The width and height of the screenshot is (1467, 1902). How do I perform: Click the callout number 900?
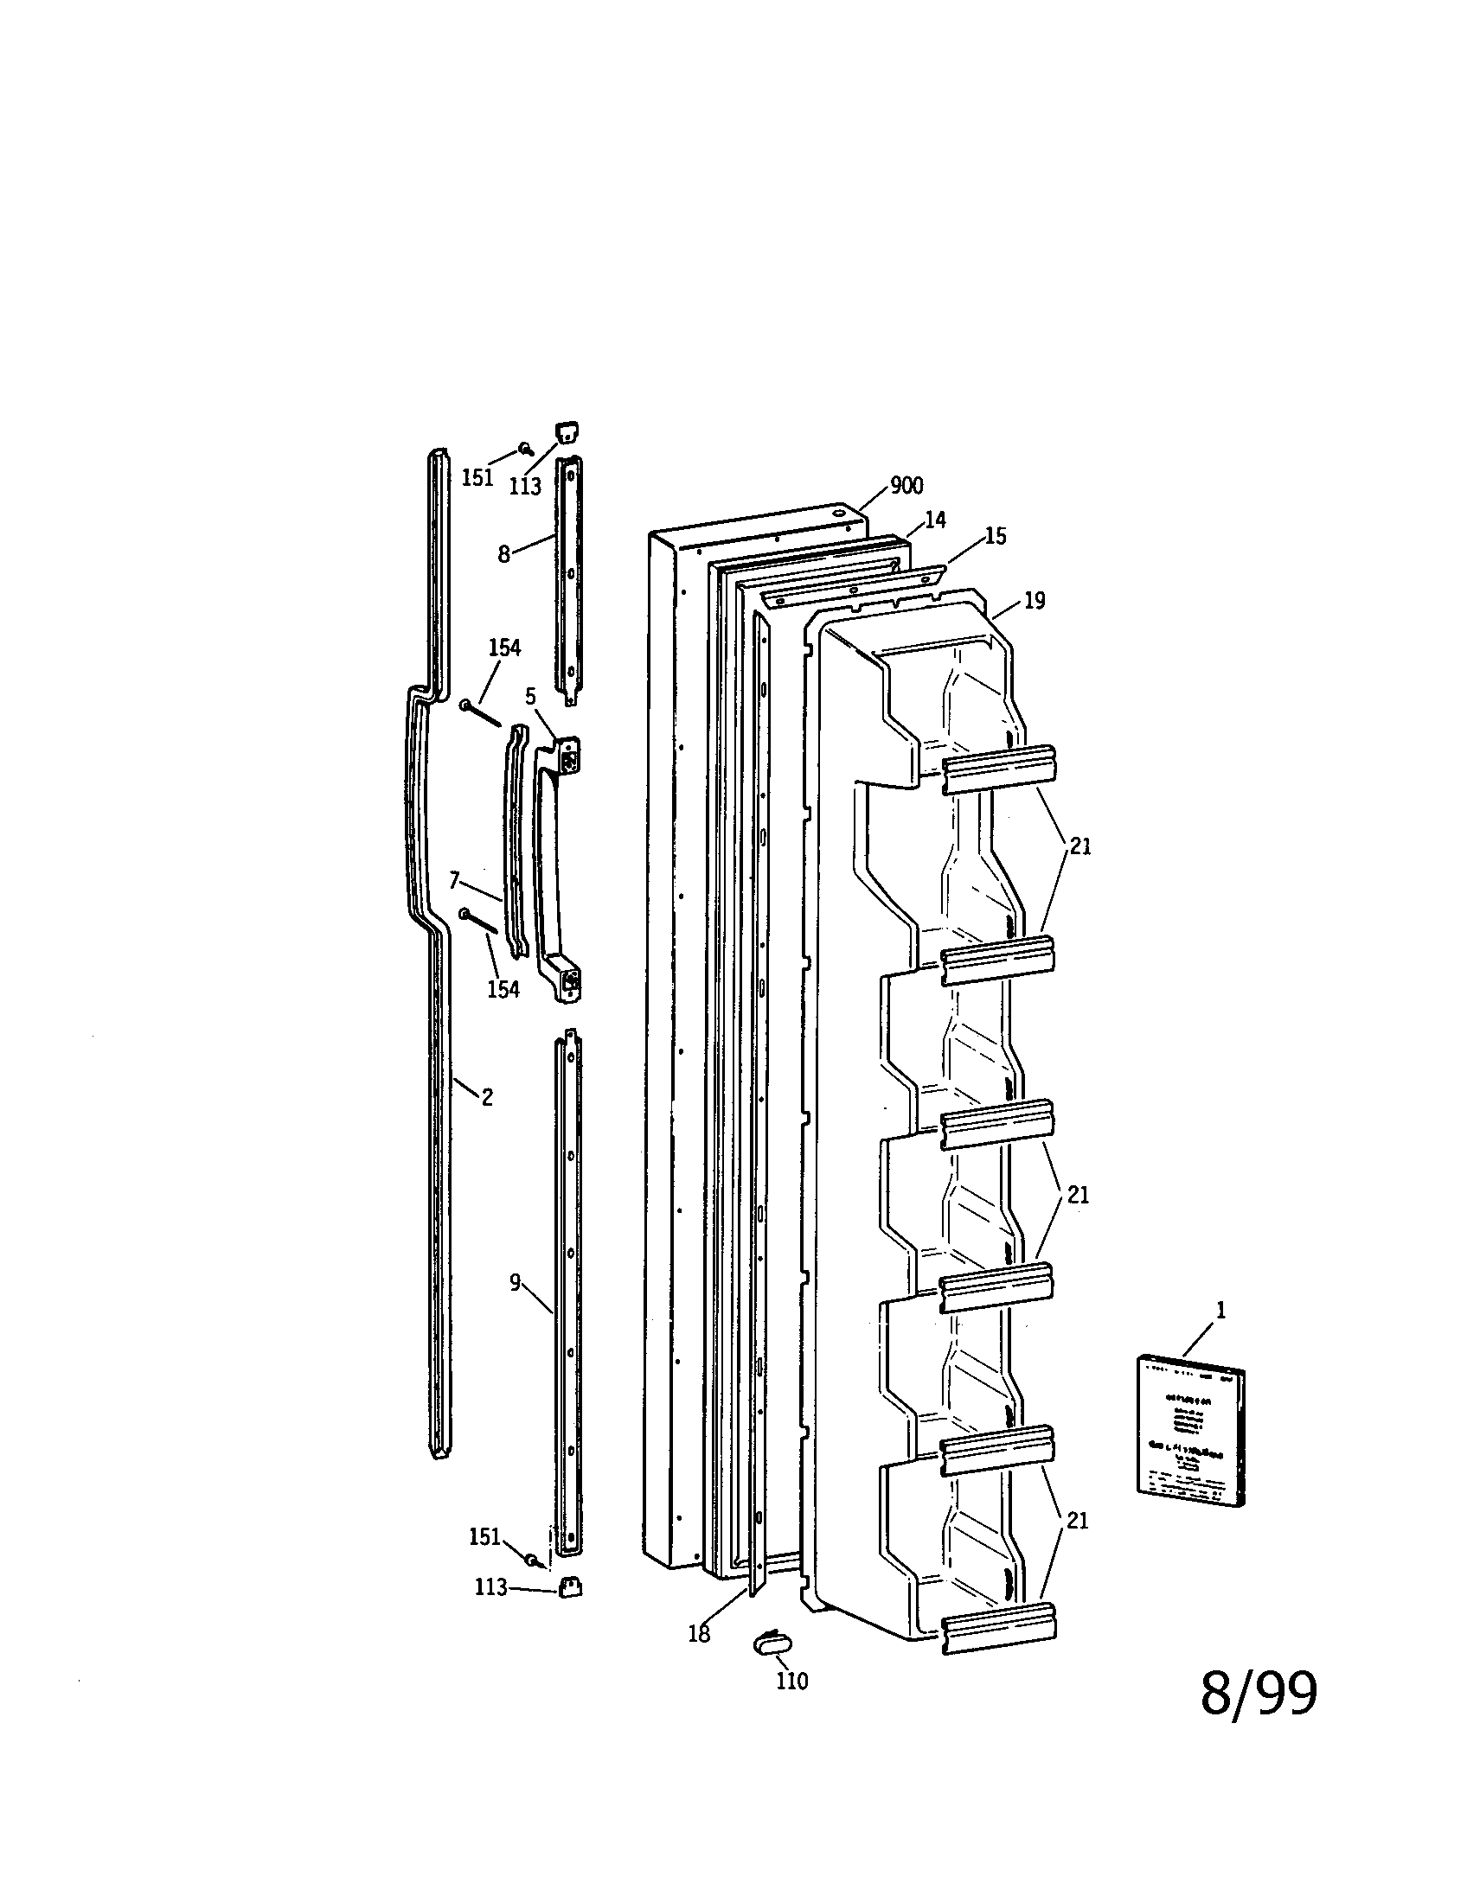(906, 486)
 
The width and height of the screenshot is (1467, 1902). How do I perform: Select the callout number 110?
(791, 1681)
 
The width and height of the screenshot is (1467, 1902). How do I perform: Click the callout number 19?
(1034, 600)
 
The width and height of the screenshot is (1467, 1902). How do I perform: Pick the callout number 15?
(995, 537)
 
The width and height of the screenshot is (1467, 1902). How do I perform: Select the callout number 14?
(935, 520)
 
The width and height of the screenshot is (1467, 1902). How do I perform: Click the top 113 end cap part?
(567, 433)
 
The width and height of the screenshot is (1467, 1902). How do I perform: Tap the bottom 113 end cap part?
(570, 1586)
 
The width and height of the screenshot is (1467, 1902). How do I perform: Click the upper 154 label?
(504, 647)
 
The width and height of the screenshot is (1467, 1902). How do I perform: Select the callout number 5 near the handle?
(530, 696)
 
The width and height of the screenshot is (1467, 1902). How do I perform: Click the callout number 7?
(454, 879)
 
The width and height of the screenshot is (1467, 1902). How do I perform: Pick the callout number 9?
(516, 1282)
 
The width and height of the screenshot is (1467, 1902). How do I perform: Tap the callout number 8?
(503, 554)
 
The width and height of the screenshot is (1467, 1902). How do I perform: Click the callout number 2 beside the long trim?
(487, 1098)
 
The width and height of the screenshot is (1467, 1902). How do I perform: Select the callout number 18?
(699, 1634)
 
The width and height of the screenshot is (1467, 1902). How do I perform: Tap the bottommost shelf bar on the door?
(998, 1627)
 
